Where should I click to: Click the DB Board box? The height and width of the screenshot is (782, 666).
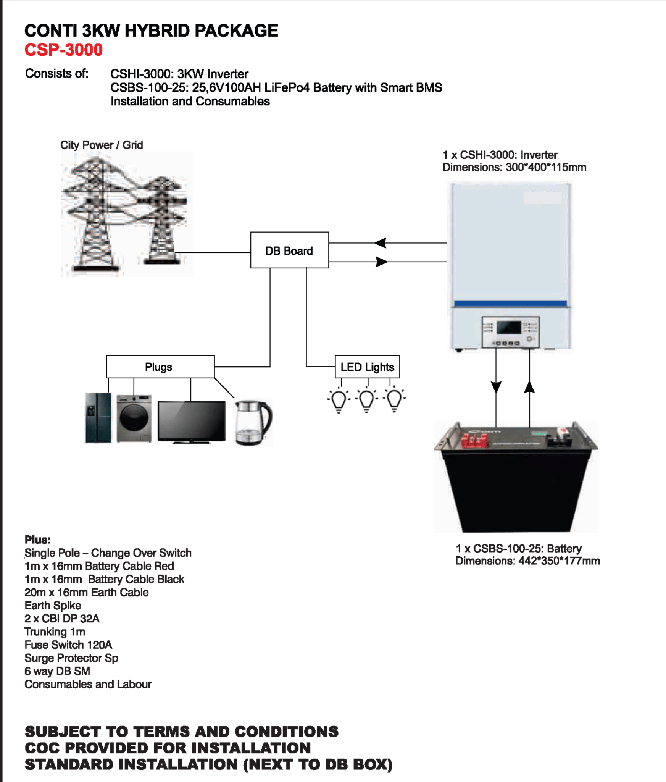click(289, 250)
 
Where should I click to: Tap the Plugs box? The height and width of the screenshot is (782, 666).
click(160, 367)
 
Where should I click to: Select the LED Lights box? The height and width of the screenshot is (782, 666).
click(367, 367)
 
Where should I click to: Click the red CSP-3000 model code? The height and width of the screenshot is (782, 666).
click(64, 50)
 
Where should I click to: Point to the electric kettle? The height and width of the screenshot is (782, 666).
click(253, 422)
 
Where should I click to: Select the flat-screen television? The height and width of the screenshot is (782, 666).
click(191, 422)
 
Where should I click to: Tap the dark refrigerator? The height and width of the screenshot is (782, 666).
click(98, 418)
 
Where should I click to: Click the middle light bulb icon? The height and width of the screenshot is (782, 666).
click(366, 400)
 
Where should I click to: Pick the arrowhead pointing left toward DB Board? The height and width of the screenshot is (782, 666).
click(381, 243)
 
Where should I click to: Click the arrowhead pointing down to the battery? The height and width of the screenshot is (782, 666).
click(496, 387)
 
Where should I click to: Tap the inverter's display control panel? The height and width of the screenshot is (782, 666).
click(510, 331)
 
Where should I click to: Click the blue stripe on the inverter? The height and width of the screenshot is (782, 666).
click(510, 304)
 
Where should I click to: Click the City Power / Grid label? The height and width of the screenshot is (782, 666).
click(102, 145)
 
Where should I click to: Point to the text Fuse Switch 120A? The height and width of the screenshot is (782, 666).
click(68, 645)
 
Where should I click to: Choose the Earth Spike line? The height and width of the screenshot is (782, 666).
click(53, 606)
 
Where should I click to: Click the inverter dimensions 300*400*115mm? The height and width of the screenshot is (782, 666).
click(545, 168)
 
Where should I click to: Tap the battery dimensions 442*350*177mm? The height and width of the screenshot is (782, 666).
click(559, 561)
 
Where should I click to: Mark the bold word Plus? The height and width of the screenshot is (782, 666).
click(37, 540)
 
